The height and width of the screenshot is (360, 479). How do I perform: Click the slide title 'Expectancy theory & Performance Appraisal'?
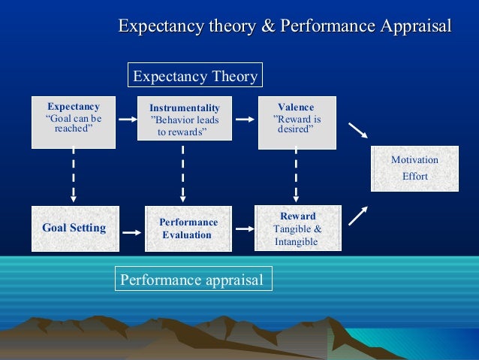pos(285,27)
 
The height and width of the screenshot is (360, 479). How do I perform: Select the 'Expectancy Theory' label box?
pos(195,76)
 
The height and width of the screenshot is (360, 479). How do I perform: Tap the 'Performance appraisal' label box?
pos(193,280)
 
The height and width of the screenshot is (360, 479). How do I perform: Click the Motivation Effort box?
pos(414,168)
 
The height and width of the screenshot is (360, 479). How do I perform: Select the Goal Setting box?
pos(74,228)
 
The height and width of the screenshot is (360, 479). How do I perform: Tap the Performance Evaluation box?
pos(188,228)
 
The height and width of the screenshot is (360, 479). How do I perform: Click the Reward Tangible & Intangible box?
pos(297,228)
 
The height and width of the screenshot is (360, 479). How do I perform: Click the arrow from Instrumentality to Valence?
pos(243,118)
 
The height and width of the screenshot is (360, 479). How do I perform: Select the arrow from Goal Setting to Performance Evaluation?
pos(131,233)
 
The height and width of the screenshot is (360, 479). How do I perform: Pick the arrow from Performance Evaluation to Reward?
pos(243,228)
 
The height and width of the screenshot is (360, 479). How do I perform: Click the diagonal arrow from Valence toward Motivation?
pos(358,131)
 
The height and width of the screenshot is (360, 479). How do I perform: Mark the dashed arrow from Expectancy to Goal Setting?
pos(73,174)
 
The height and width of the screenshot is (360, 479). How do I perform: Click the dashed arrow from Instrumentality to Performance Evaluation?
pos(183,174)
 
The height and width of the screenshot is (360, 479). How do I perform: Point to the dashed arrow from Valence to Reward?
pos(296,174)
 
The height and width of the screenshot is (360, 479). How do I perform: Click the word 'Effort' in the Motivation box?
pos(414,177)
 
